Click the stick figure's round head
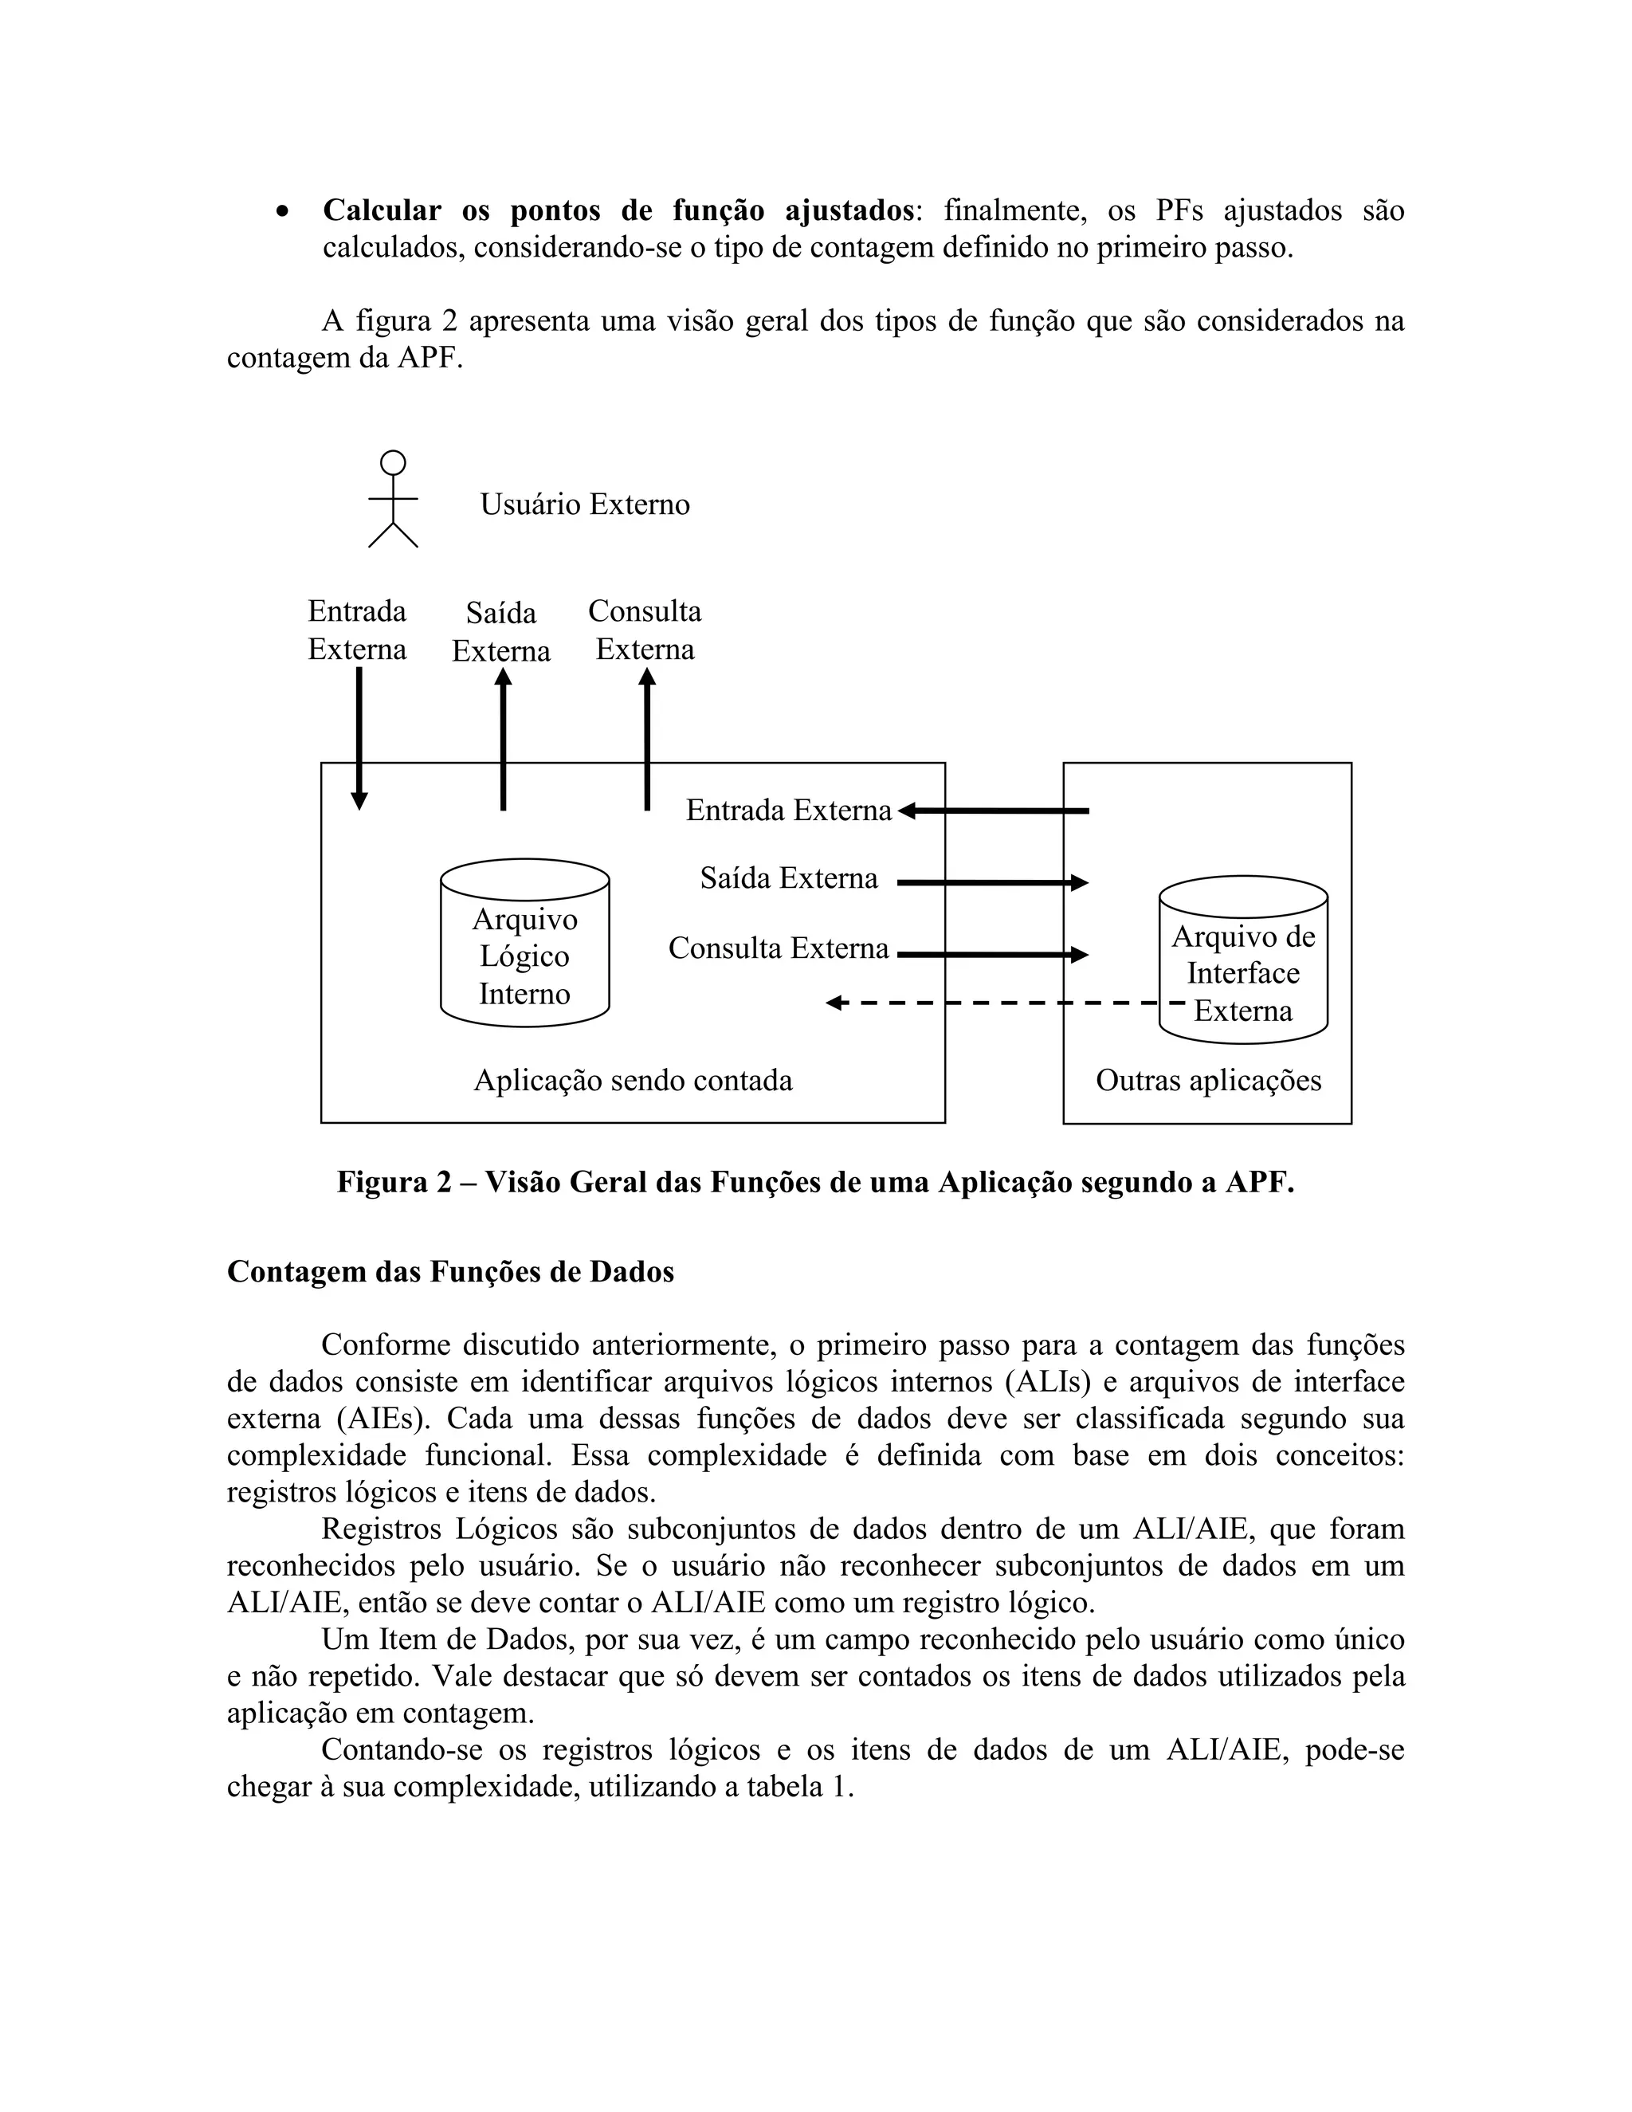click(393, 462)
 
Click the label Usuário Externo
click(584, 504)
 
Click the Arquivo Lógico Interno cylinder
click(524, 943)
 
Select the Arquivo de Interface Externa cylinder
click(1242, 960)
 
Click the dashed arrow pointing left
click(996, 1003)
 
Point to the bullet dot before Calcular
click(282, 211)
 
